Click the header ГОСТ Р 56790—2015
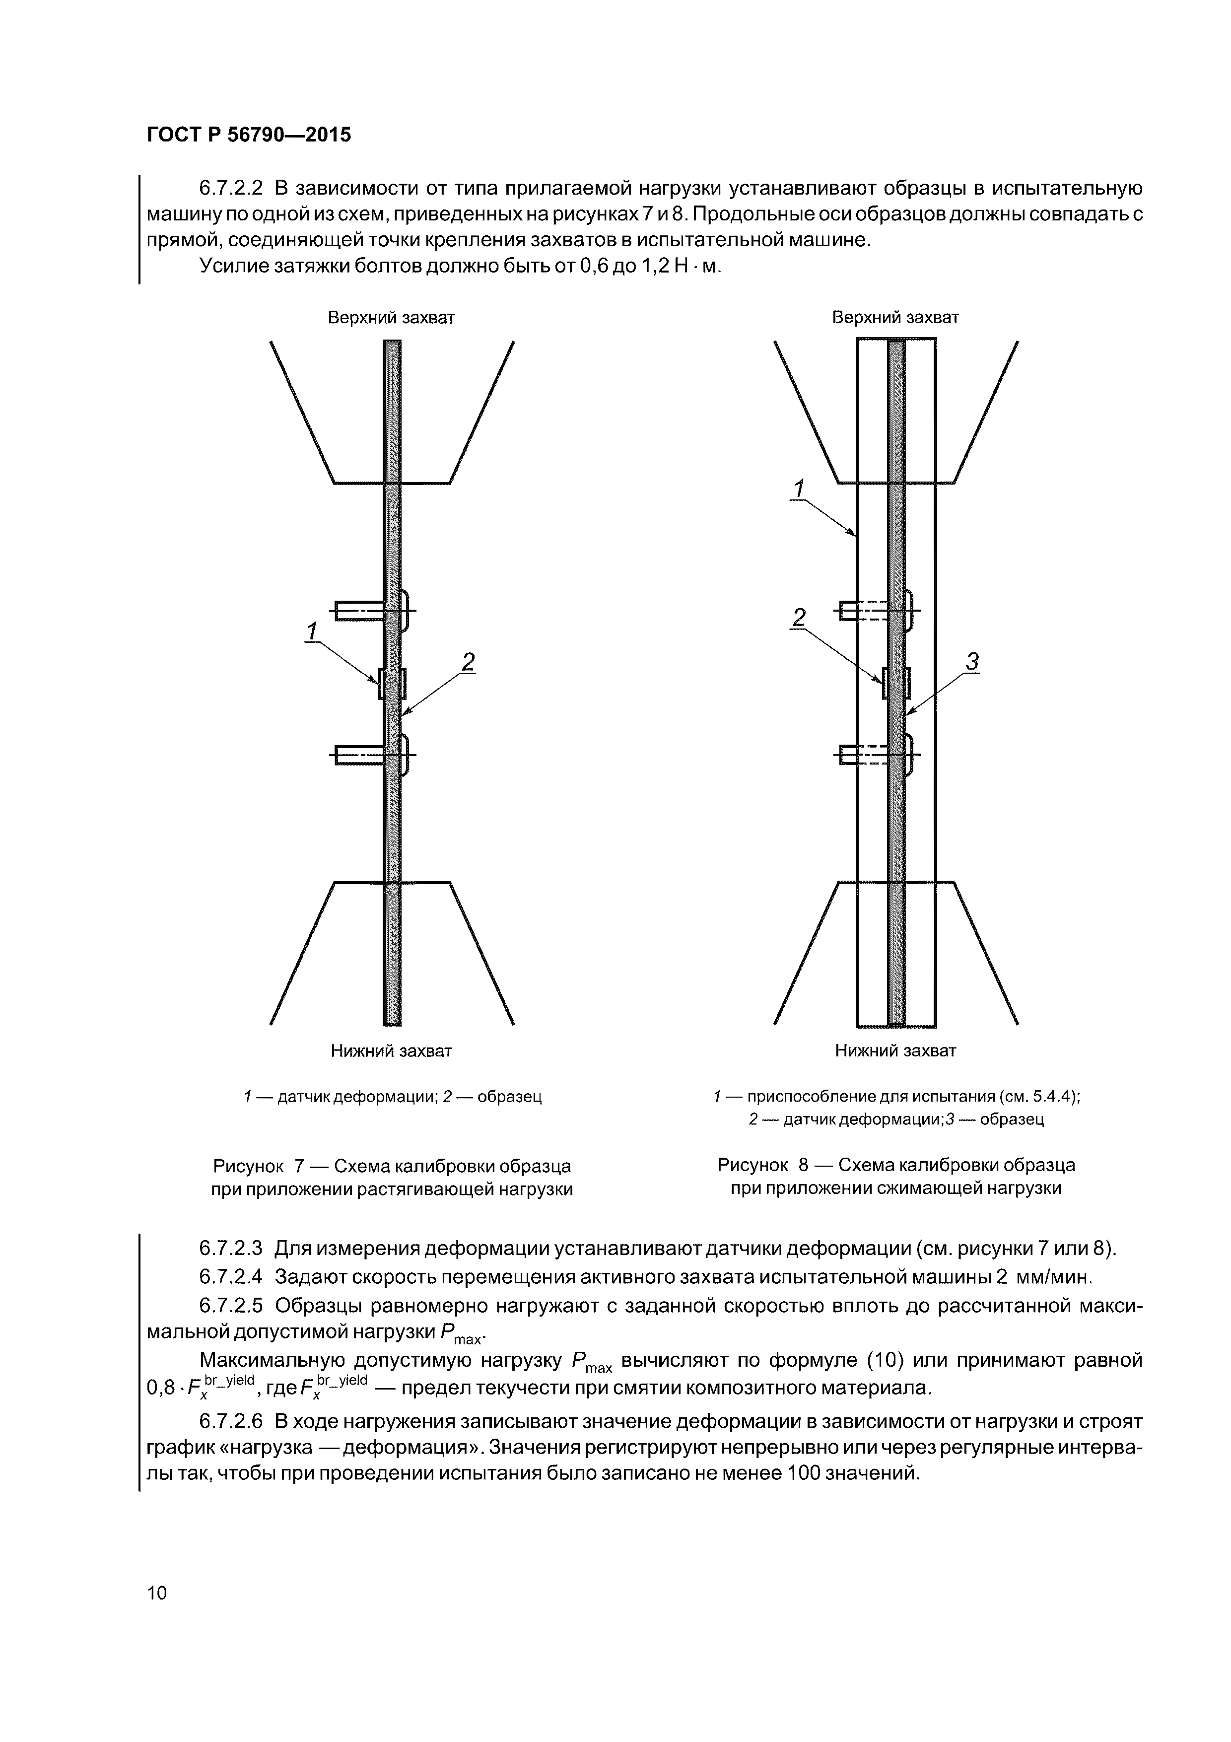point(249,135)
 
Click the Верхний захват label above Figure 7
point(391,318)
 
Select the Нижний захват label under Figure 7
point(391,1051)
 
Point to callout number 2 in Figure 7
point(468,662)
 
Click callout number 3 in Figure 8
point(972,662)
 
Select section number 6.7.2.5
point(231,1305)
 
